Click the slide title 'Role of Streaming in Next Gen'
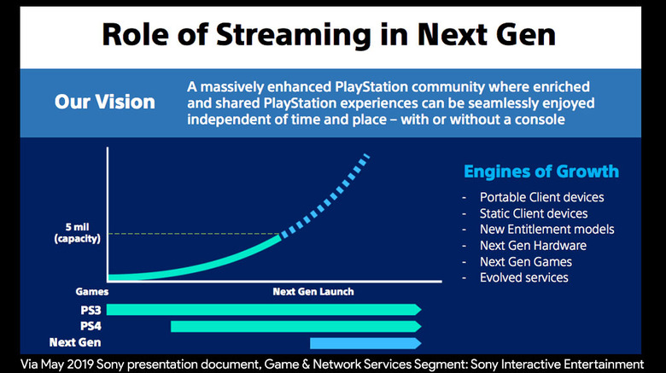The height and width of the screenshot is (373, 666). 329,34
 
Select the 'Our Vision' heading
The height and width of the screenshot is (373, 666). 105,102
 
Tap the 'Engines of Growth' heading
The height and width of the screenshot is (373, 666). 541,172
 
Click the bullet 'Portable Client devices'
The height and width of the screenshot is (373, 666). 541,197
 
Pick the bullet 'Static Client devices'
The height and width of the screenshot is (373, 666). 534,213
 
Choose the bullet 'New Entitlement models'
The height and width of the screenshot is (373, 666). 547,230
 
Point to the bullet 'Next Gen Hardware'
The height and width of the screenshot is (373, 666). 533,246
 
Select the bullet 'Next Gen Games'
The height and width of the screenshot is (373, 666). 526,262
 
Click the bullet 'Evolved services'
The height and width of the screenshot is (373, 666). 524,278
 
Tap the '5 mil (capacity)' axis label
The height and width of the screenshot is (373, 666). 78,233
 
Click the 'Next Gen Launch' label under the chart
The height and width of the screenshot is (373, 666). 313,292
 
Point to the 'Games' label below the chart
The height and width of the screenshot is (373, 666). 91,292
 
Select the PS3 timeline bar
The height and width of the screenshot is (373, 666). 264,310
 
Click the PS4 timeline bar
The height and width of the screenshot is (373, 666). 296,326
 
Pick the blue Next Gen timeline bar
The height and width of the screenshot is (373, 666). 365,343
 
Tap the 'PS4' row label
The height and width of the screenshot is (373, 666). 91,326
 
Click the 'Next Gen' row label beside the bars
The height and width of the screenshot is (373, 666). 75,342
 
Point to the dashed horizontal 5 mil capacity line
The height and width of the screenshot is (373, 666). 194,234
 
